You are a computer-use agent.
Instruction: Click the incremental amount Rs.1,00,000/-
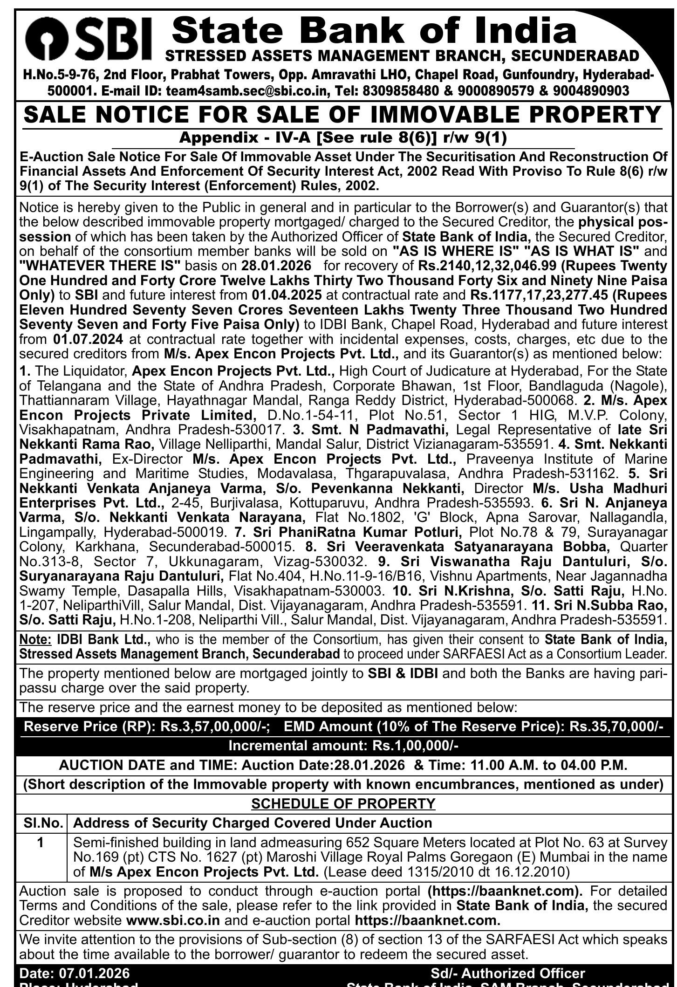(415, 746)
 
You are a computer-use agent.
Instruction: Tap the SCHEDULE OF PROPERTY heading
(343, 803)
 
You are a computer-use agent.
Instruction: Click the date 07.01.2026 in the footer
(94, 973)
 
